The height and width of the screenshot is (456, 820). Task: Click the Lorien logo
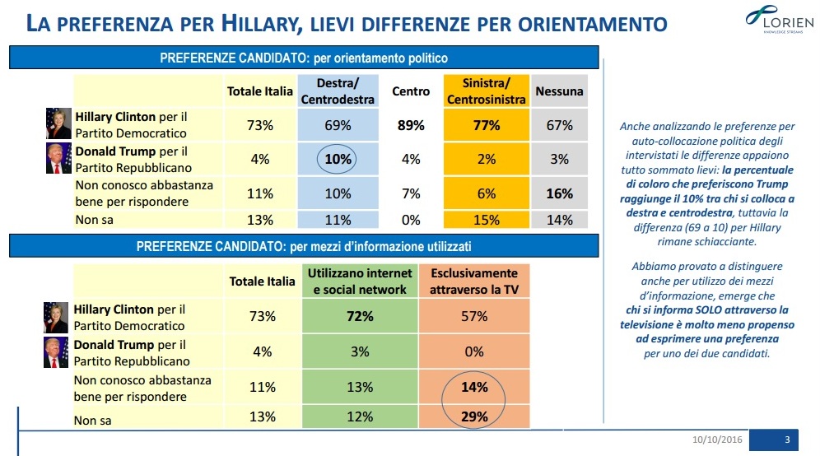[x=779, y=20]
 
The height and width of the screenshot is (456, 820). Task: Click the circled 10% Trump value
[x=338, y=159]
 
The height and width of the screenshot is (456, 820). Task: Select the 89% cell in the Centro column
[x=411, y=125]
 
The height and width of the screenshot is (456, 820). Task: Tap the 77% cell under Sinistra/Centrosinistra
[x=487, y=125]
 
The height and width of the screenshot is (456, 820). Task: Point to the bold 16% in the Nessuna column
[x=560, y=193]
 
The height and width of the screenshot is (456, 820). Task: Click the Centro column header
[x=411, y=91]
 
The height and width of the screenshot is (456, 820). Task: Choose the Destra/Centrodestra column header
[x=338, y=91]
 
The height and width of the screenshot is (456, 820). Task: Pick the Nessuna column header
[x=559, y=91]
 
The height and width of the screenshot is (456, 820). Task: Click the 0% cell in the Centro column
[x=411, y=220]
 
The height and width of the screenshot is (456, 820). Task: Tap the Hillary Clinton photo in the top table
[x=58, y=123]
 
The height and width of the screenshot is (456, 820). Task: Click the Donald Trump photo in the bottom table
[x=56, y=352]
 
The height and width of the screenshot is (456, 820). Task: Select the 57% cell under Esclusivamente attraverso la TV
[x=474, y=316]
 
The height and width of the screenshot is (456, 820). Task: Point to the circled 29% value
[x=474, y=416]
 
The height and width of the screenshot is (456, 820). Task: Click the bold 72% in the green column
[x=360, y=316]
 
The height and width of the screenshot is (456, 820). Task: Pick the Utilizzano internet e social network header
[x=360, y=282]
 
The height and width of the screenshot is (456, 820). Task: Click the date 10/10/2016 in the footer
[x=717, y=440]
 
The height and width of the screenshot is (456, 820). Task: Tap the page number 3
[x=787, y=440]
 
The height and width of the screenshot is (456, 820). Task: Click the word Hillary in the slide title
[x=262, y=24]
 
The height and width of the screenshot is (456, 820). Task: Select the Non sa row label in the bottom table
[x=92, y=421]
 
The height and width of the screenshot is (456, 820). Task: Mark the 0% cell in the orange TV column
[x=474, y=351]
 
